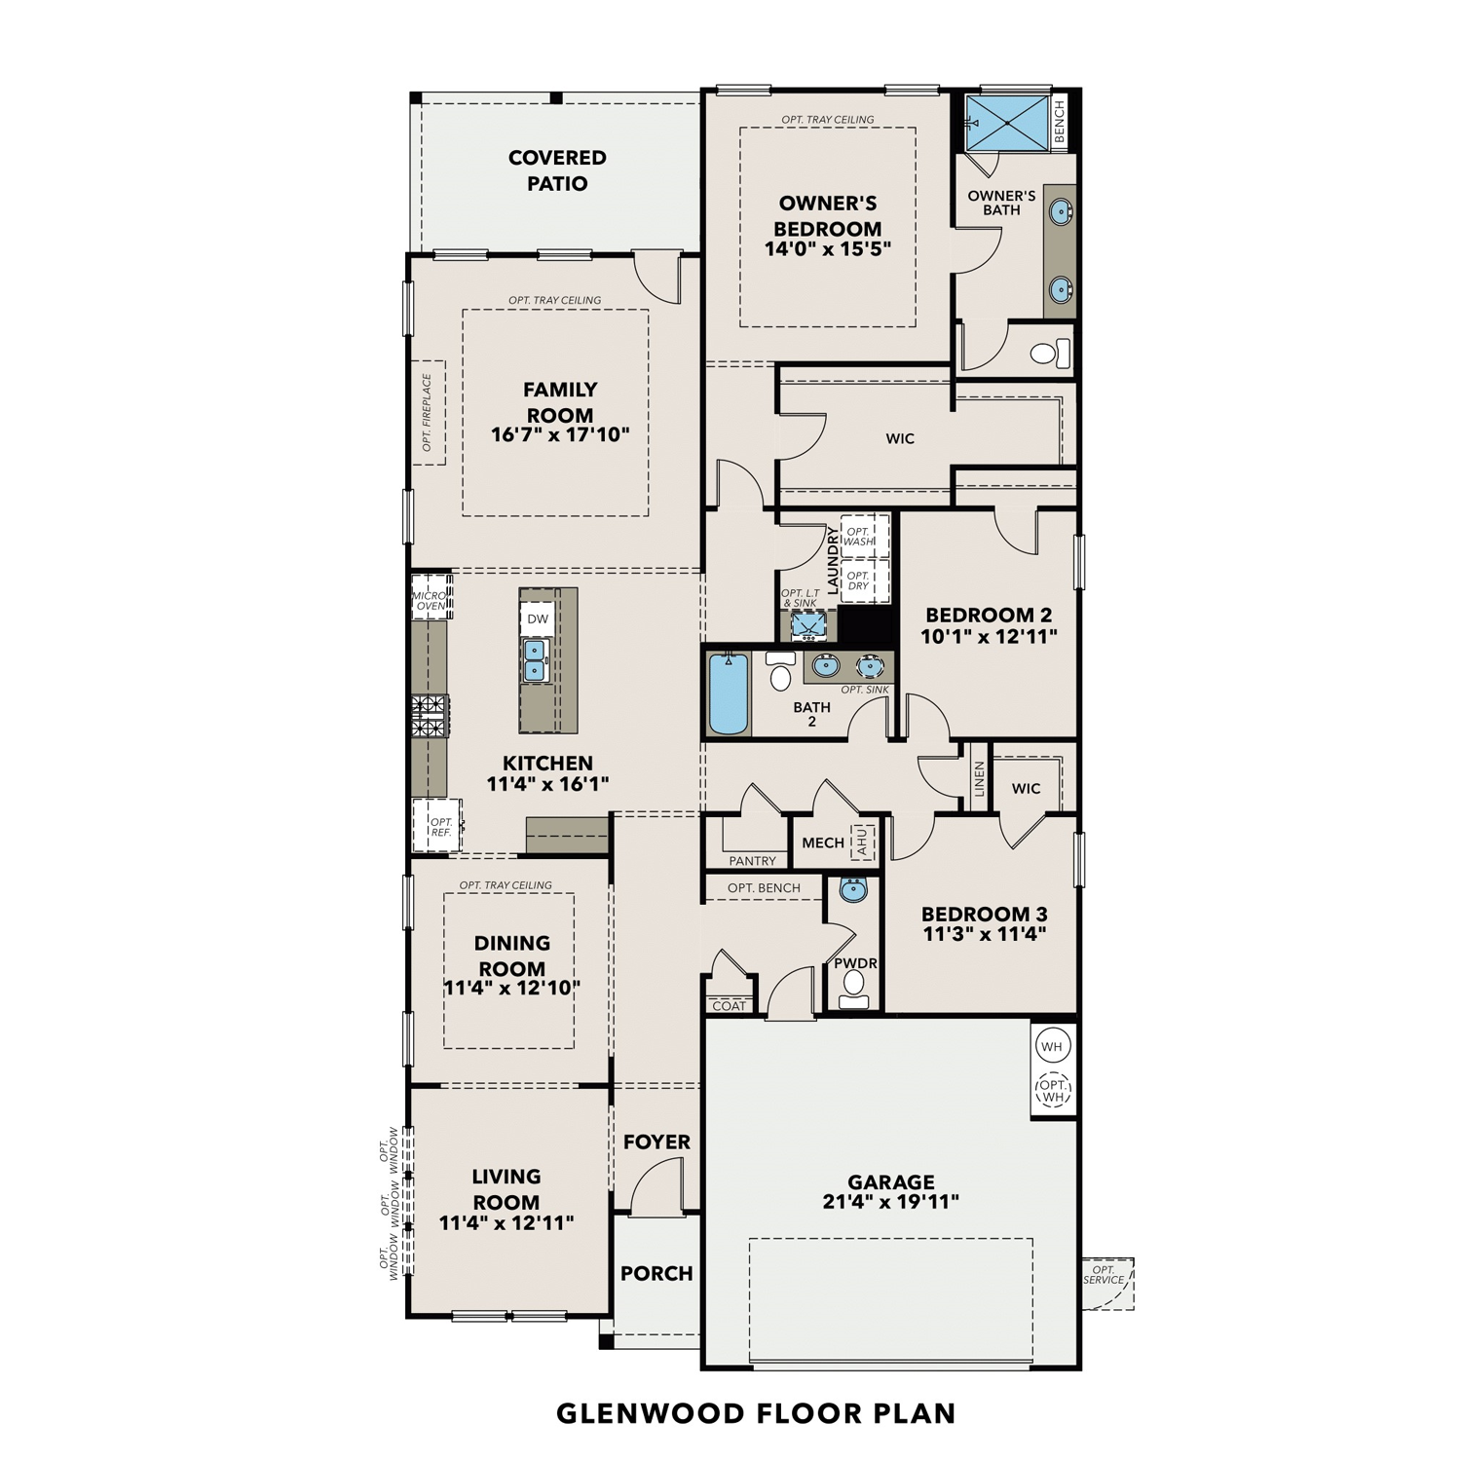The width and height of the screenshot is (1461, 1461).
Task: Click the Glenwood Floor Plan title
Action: tap(756, 1413)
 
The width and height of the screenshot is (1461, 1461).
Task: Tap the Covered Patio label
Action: tap(557, 170)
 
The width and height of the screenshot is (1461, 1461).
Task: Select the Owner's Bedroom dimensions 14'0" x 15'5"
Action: tap(828, 249)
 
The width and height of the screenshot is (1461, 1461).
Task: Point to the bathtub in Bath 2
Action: tap(728, 693)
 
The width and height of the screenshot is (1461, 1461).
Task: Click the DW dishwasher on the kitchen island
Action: tap(538, 619)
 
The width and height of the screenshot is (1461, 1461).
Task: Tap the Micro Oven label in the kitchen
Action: tap(431, 601)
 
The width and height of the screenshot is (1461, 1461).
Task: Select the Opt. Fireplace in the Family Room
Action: tap(428, 412)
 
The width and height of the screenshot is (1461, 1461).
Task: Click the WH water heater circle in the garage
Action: tap(1052, 1047)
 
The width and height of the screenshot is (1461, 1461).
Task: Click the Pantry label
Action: tap(753, 861)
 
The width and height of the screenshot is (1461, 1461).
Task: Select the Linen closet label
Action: tap(979, 779)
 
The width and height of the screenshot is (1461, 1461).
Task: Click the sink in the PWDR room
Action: tap(853, 889)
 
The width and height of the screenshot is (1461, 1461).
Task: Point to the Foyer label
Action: tap(656, 1142)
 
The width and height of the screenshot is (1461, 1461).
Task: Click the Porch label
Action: tap(656, 1273)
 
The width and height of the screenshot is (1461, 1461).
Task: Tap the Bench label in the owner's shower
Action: tap(1060, 121)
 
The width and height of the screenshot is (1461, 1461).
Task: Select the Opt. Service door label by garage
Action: tap(1104, 1275)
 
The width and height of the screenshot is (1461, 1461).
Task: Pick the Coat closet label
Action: tap(729, 1006)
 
